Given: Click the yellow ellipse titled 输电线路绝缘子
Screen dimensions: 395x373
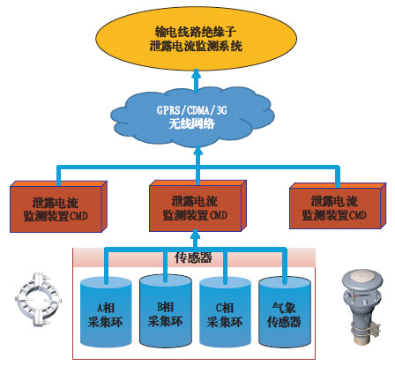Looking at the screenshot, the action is coord(196,39).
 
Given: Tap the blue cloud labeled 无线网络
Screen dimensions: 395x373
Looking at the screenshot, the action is coord(192,117).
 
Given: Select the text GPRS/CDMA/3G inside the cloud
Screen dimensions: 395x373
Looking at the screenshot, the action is coord(192,110).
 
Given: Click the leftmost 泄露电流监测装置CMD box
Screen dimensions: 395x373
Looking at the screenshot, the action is coord(58,206).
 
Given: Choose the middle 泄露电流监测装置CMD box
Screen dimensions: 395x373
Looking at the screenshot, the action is coord(197,205).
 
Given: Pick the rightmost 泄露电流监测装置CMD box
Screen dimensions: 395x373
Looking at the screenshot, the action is coord(338,205).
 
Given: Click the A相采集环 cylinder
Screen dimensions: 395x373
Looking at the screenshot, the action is coord(106,311).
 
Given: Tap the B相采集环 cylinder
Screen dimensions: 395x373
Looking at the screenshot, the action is coord(166,310).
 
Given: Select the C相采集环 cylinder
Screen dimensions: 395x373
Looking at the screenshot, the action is coord(225,311).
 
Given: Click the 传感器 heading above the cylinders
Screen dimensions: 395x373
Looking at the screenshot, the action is coord(193,257).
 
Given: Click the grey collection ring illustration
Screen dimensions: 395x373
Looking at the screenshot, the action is coord(38,300).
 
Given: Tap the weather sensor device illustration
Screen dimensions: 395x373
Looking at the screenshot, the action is coord(362,307).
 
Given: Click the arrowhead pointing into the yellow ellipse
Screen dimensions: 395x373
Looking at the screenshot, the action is coord(197,73).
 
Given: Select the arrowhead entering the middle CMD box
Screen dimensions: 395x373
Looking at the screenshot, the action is coord(196,235).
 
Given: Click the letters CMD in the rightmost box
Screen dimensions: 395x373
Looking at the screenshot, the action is coord(357,215).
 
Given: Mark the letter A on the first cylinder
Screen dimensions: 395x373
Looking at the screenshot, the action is coord(101,308).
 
